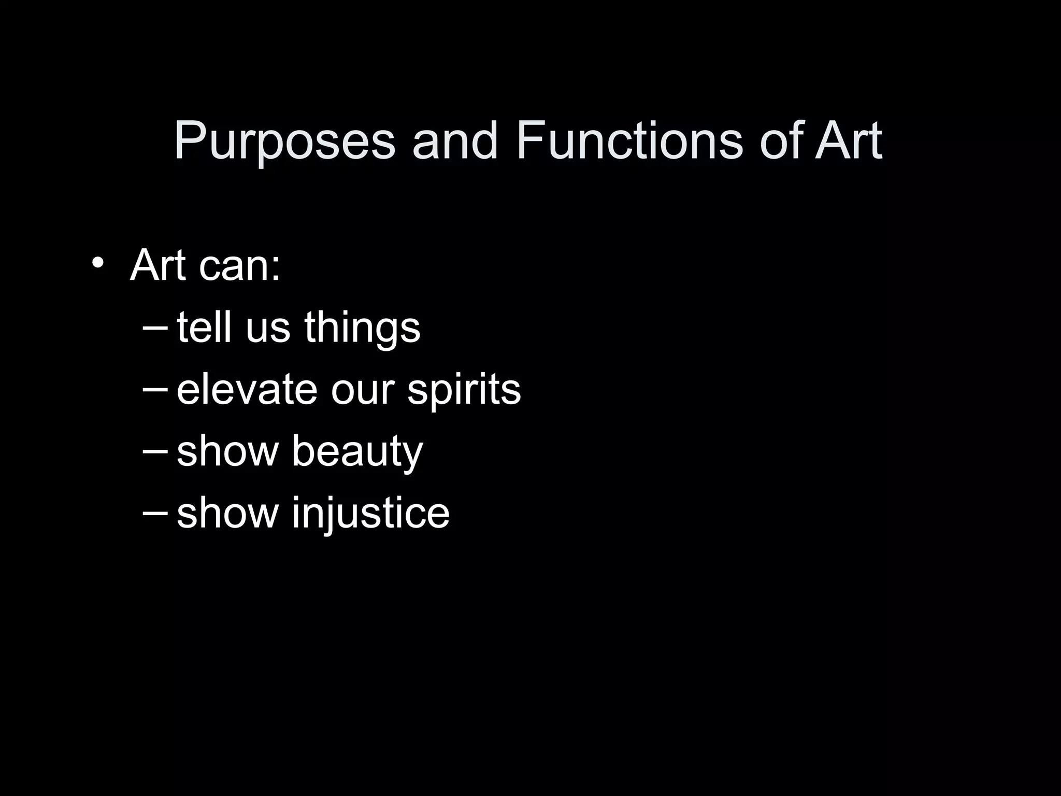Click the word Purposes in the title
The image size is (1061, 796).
pos(284,141)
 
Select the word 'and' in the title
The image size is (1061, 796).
pos(455,141)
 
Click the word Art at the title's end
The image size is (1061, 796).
pos(848,141)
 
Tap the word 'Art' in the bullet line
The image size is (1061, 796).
pos(157,265)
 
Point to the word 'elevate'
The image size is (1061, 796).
pos(247,390)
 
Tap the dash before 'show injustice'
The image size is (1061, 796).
pos(154,514)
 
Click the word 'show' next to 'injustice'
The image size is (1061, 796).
pos(227,513)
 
